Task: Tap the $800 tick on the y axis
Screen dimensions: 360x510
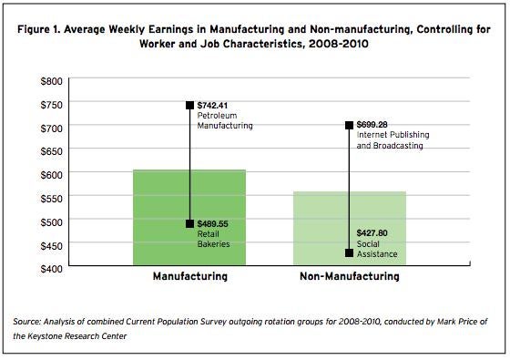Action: click(x=50, y=80)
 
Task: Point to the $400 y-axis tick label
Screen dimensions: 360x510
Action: click(x=50, y=268)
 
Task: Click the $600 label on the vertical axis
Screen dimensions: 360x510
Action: click(x=50, y=174)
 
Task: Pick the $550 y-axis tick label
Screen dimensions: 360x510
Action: click(x=50, y=198)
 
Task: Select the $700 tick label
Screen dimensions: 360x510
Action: click(x=50, y=127)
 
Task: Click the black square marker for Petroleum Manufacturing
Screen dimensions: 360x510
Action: click(x=190, y=106)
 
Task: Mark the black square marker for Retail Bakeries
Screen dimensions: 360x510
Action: click(x=190, y=223)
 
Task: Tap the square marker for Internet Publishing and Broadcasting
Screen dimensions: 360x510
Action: click(x=349, y=126)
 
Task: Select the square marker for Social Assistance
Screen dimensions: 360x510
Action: click(x=349, y=253)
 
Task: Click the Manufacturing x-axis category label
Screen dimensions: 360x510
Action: click(x=189, y=276)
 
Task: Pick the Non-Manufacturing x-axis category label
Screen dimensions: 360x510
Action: click(x=349, y=276)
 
